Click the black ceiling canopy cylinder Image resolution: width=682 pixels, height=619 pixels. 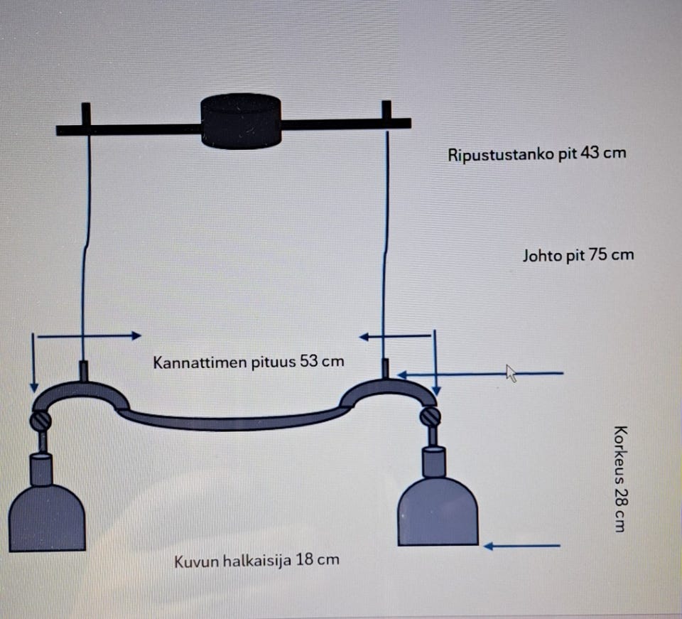(x=242, y=121)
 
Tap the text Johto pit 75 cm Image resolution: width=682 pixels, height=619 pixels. (x=578, y=255)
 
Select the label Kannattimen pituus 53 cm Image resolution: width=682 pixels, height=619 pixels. (x=249, y=362)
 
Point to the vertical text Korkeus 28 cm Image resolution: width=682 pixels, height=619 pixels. (x=619, y=479)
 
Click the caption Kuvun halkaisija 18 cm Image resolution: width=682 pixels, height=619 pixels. (x=256, y=560)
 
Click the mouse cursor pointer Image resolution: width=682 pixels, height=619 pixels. (x=511, y=372)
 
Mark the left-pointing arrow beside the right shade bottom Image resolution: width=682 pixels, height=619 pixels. (x=522, y=546)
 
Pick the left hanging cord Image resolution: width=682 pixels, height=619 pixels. (x=85, y=249)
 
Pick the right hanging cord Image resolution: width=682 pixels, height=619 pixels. (x=386, y=249)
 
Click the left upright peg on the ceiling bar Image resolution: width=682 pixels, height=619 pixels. (x=86, y=114)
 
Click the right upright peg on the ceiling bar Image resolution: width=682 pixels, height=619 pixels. (x=386, y=111)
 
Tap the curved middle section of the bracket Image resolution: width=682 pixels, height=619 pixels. (x=234, y=422)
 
